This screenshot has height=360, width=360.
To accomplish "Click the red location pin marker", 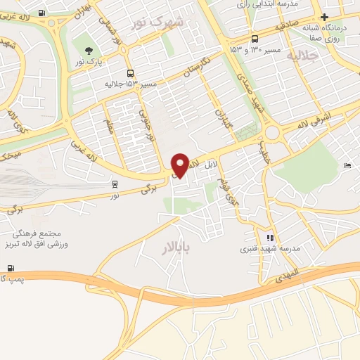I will [180, 165].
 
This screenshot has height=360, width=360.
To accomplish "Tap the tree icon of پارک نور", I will [89, 50].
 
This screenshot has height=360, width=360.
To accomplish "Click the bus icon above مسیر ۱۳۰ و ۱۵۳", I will [254, 39].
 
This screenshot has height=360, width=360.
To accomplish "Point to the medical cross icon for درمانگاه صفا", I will [323, 18].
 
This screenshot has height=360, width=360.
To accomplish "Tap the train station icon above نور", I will [115, 184].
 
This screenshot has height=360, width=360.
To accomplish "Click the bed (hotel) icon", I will [348, 165].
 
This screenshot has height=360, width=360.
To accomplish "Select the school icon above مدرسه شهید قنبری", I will [271, 238].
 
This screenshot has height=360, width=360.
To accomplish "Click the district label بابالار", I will [181, 247].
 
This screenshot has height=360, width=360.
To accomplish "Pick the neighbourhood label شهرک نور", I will [157, 22].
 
